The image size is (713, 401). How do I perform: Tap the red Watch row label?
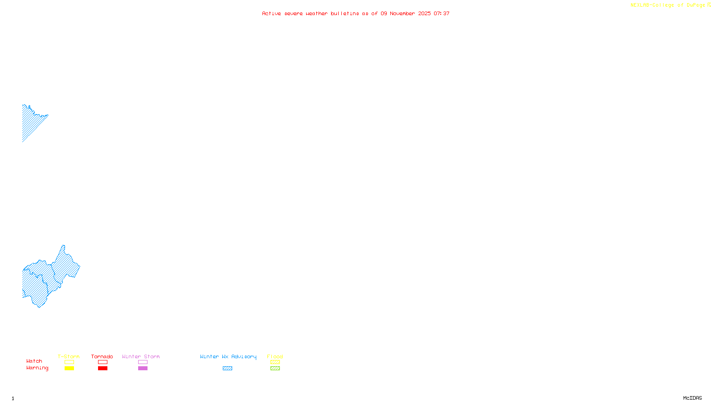click(x=34, y=361)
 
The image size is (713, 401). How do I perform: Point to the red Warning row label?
click(x=37, y=368)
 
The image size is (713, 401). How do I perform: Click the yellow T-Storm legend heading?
click(x=69, y=356)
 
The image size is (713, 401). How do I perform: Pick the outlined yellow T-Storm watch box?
click(x=69, y=362)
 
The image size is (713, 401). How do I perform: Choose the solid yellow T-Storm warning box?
click(x=69, y=368)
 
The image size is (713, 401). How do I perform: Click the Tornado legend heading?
click(x=102, y=356)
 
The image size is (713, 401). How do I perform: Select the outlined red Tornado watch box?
click(x=102, y=362)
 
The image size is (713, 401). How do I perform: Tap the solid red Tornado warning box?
click(x=102, y=368)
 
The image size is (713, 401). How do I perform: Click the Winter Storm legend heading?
click(x=141, y=356)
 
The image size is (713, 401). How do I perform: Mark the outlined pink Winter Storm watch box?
click(x=143, y=362)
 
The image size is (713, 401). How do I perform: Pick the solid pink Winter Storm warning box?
click(x=143, y=368)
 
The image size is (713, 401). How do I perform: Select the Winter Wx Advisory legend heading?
click(x=228, y=356)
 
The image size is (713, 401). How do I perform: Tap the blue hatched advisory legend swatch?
click(x=227, y=368)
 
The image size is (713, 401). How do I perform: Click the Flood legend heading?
click(x=275, y=356)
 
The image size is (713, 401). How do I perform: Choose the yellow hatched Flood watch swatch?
click(x=275, y=362)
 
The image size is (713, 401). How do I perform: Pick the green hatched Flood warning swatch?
click(x=275, y=368)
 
